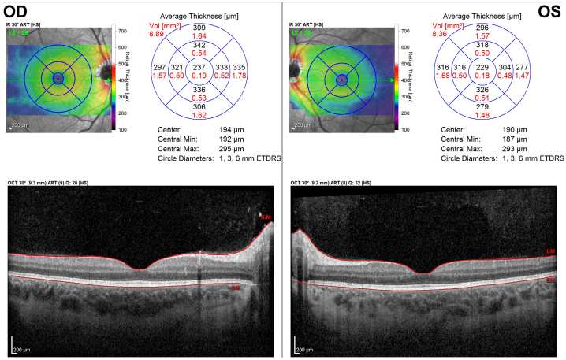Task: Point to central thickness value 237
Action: pyautogui.click(x=199, y=69)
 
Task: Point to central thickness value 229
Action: pyautogui.click(x=482, y=69)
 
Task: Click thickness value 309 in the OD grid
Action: pyautogui.click(x=199, y=28)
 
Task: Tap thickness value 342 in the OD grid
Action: pyautogui.click(x=199, y=46)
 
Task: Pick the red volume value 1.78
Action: pyautogui.click(x=240, y=76)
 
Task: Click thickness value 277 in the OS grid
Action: pyautogui.click(x=523, y=69)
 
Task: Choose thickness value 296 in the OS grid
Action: pyautogui.click(x=482, y=28)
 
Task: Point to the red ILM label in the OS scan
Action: pyautogui.click(x=549, y=251)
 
